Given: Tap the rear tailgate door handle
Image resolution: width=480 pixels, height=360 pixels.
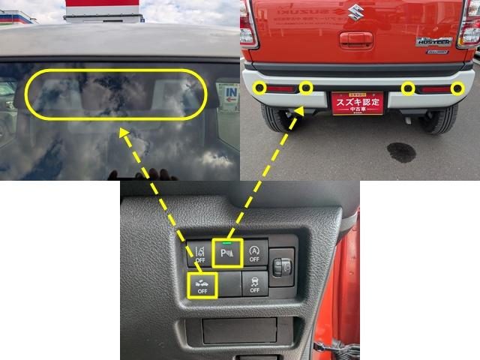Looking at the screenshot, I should [x=355, y=40].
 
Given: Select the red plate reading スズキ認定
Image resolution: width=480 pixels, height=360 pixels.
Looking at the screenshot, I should [x=357, y=103].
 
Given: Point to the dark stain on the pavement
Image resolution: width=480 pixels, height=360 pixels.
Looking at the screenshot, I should [x=401, y=152].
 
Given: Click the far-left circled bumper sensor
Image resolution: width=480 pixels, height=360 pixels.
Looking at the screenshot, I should [x=259, y=88].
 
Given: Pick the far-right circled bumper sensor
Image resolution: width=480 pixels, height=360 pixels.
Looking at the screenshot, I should [x=457, y=90].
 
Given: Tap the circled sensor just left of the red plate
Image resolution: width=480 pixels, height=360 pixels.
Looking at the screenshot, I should [x=305, y=88].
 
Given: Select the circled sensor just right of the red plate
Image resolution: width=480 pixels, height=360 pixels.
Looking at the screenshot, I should [x=407, y=89].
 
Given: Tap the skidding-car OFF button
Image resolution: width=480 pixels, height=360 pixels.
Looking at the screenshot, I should [x=254, y=283].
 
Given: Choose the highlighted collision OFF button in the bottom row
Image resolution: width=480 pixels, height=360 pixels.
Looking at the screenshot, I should [x=201, y=285].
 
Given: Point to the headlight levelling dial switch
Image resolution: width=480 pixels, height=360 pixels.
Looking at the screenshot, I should [x=282, y=265].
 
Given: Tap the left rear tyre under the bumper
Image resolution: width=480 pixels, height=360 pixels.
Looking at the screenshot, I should [x=275, y=120].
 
